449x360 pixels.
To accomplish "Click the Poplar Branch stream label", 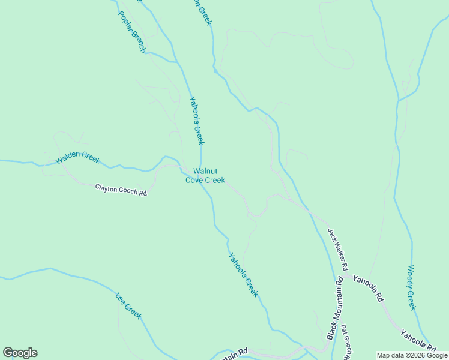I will coord(132,32).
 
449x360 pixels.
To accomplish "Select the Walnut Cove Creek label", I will coord(205,175).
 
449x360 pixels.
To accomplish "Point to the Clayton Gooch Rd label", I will coord(121,190).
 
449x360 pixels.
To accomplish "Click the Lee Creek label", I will coord(128,305).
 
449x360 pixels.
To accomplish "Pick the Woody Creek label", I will coord(412,287).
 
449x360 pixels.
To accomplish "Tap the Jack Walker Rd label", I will coord(338,248).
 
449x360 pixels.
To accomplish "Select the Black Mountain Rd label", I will coord(335,308).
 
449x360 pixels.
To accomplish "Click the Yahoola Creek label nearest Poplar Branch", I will coord(197,121).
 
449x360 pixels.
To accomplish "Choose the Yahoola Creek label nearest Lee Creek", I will coord(243,275).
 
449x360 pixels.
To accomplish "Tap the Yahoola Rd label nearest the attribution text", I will coord(418,340).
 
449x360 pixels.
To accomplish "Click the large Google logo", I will coord(20,353).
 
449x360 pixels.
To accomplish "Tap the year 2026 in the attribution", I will coord(416,355).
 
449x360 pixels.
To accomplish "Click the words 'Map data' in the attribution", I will coord(390,355).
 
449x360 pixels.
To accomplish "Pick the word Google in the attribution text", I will coord(437,355).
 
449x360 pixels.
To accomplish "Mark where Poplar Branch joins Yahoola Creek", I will coord(177,61).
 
